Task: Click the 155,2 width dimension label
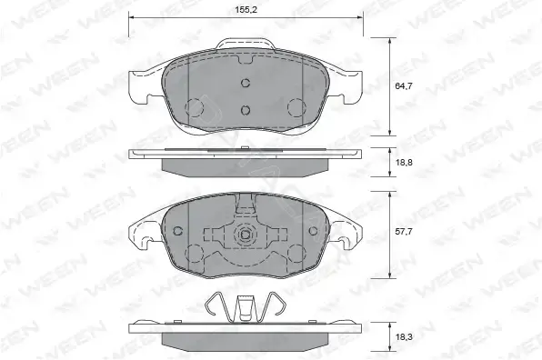point(246,10)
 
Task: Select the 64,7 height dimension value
point(404,86)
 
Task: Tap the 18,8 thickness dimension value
point(404,162)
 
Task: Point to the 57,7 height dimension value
point(404,232)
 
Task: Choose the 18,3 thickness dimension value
point(404,337)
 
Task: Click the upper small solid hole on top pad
point(245,83)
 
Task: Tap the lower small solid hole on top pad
point(245,110)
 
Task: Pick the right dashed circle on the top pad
point(296,107)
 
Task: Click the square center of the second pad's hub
point(245,235)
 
